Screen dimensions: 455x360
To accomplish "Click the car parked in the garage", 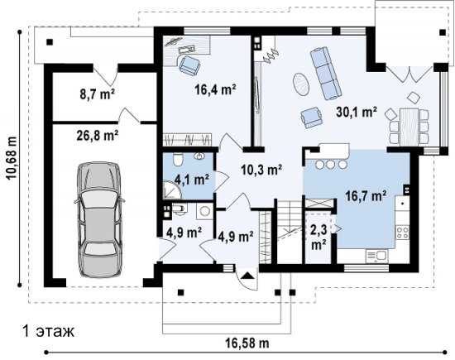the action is point(99,220).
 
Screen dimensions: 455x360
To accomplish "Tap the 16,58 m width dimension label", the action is point(247,343).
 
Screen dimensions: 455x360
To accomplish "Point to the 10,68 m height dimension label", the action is point(12,158).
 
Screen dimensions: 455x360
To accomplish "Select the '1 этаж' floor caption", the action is point(49,331).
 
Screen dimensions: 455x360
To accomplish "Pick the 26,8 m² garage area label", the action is point(98,135).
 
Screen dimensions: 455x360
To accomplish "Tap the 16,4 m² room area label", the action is point(215,89).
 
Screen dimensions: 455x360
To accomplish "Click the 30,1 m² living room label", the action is point(357,112).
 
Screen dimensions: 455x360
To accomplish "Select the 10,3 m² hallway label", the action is point(261,170).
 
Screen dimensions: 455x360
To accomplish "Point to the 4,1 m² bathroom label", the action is point(192,180).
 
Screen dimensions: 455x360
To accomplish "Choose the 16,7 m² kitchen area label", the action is point(366,196).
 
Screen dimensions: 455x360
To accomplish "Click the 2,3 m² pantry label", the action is point(318,238).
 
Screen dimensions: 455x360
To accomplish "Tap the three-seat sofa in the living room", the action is point(325,73).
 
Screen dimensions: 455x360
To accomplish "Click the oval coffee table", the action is point(301,84).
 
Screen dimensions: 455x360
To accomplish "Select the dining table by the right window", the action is point(409,127).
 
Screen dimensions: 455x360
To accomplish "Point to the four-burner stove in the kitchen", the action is point(403,233).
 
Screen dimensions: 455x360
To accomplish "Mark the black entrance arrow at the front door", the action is point(247,275).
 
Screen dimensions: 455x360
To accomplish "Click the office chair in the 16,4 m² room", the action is point(189,65).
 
